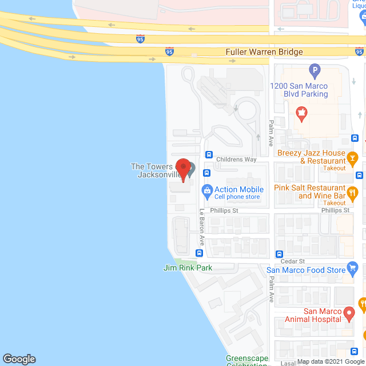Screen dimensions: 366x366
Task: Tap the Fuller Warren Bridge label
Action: pyautogui.click(x=264, y=52)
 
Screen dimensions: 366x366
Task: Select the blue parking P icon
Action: pyautogui.click(x=313, y=71)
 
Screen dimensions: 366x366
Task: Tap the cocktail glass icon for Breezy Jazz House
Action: pyautogui.click(x=353, y=157)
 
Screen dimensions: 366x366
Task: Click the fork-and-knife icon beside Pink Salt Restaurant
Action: pyautogui.click(x=353, y=192)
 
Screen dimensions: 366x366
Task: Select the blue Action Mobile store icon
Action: pyautogui.click(x=206, y=189)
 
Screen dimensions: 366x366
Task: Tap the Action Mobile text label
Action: pyautogui.click(x=239, y=189)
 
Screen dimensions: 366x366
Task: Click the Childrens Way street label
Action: pyautogui.click(x=236, y=160)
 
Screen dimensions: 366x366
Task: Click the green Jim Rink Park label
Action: pyautogui.click(x=188, y=268)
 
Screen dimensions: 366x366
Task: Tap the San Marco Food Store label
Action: pyautogui.click(x=306, y=270)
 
